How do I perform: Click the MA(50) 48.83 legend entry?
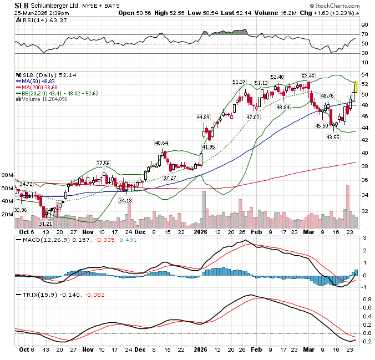[40, 81]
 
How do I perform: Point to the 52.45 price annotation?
[307, 76]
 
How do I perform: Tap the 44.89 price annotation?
[203, 118]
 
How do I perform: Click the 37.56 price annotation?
[103, 163]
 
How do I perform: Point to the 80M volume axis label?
[7, 175]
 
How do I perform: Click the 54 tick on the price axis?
[364, 74]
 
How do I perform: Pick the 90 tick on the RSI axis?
[364, 25]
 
